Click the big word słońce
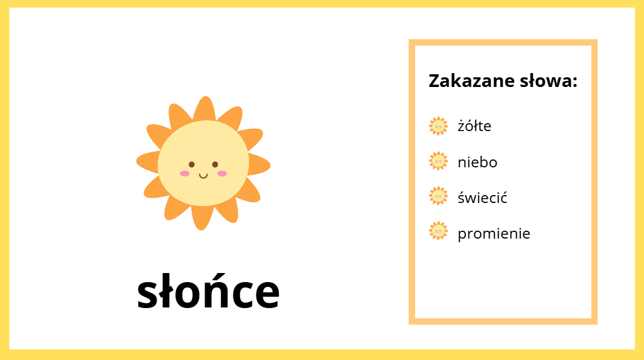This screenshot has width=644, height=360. click(x=208, y=291)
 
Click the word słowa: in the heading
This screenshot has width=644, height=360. click(x=549, y=80)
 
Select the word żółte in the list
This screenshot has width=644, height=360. click(x=474, y=126)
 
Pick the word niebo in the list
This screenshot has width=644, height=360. click(x=477, y=162)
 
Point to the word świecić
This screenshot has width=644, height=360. click(x=483, y=198)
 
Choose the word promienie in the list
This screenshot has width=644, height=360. click(x=494, y=233)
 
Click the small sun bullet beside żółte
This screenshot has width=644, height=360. click(x=438, y=126)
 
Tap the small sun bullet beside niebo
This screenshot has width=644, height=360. click(x=438, y=161)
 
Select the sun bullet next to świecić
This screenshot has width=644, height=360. click(x=438, y=196)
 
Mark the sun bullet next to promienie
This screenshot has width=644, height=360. click(x=438, y=231)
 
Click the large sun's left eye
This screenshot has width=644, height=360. click(x=192, y=164)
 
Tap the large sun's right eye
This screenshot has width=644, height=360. click(x=215, y=164)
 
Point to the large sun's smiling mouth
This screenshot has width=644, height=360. click(x=203, y=176)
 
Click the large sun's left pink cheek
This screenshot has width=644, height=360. click(x=185, y=173)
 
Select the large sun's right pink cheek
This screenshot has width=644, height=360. click(x=222, y=173)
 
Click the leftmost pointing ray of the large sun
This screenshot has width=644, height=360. click(x=148, y=162)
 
